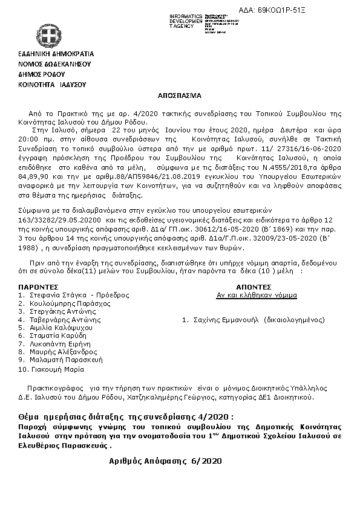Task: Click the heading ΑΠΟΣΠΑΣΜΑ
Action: click(x=180, y=96)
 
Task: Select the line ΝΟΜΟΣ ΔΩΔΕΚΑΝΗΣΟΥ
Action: click(x=54, y=63)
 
